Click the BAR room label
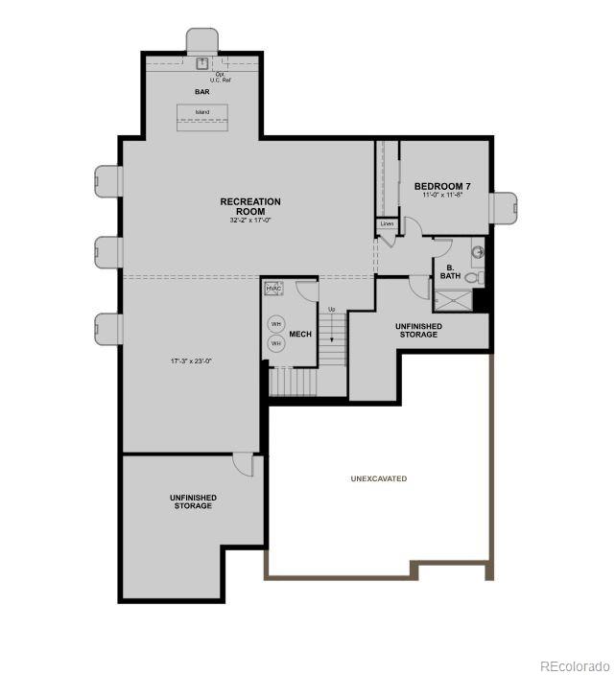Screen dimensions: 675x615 (202, 92)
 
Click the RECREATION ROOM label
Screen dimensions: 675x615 (250, 206)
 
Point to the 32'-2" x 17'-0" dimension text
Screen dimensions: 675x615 (250, 221)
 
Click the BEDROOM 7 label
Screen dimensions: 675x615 (442, 185)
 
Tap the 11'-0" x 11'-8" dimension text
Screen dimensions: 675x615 (442, 195)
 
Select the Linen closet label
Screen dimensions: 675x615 (387, 224)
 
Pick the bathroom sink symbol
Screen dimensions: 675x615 (477, 253)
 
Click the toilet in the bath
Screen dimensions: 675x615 (480, 277)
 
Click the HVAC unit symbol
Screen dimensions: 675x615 (272, 288)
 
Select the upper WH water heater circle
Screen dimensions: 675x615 (275, 324)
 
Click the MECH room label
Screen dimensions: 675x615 (301, 335)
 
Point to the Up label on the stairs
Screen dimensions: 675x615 (332, 310)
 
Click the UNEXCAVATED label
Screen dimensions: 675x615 (378, 477)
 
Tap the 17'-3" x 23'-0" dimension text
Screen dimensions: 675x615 (190, 361)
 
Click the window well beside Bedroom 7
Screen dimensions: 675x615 (505, 205)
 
